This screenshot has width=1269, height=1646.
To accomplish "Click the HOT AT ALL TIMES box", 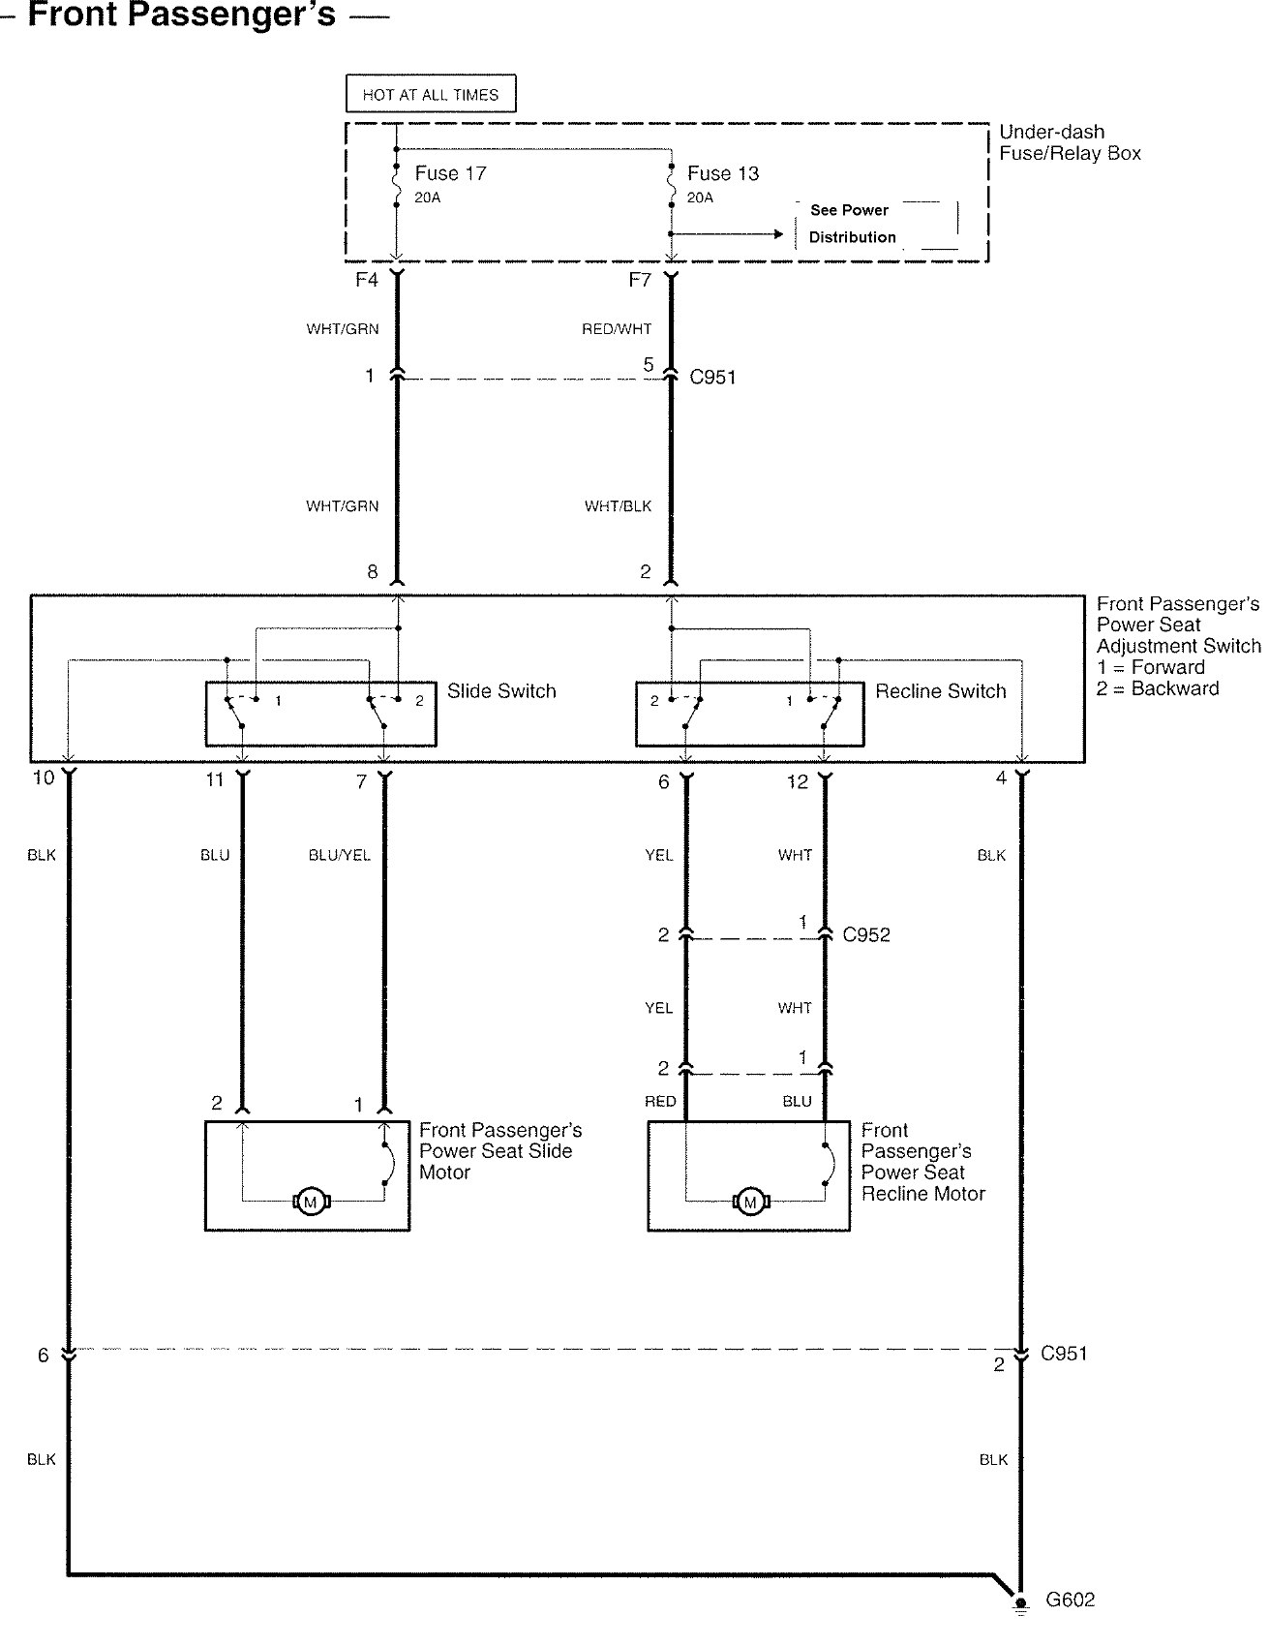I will tap(431, 95).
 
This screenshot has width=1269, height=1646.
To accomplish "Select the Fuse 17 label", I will tap(450, 173).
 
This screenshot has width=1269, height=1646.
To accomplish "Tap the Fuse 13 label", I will tap(722, 173).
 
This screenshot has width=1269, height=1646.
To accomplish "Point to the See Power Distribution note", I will tap(852, 224).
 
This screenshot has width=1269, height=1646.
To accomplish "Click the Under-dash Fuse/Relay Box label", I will tap(1070, 142).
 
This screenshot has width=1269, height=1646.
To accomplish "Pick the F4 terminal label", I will tap(366, 280).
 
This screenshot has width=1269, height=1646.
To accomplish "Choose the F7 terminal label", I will tap(639, 280).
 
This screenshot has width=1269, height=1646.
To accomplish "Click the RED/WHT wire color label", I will tap(617, 329).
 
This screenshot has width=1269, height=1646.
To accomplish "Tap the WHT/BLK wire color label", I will tap(618, 506).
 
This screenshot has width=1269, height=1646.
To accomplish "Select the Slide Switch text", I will tap(501, 691).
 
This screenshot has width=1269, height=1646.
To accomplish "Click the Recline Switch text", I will tap(940, 691).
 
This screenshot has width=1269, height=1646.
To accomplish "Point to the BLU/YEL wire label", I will tap(339, 855).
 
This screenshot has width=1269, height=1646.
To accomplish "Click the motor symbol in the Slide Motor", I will tap(311, 1203).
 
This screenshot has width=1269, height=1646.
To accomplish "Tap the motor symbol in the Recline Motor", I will tap(749, 1203).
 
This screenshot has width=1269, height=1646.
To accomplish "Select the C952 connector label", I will tap(866, 935).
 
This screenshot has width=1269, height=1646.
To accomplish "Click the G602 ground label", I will tap(1070, 1600).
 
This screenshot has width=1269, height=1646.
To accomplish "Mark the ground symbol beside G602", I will tap(1019, 1603).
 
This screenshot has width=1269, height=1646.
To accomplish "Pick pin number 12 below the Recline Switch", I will tap(797, 782).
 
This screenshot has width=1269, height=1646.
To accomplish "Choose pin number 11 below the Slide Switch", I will tap(215, 780).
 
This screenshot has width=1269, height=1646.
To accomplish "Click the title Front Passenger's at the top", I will tap(182, 15).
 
